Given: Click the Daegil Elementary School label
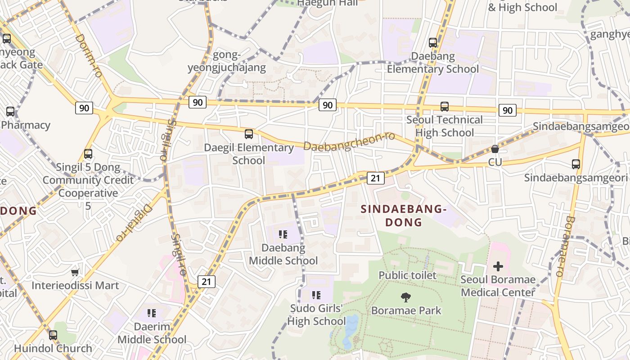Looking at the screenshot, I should click(x=249, y=154).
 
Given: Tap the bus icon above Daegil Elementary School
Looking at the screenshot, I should click(x=249, y=134).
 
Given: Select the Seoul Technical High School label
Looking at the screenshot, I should click(x=445, y=126).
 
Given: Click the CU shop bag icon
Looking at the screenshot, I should click(x=495, y=148).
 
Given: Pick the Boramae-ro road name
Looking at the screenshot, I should click(x=565, y=246).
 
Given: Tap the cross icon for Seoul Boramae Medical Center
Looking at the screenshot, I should click(x=498, y=266).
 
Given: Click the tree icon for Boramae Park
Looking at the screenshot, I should click(x=406, y=297).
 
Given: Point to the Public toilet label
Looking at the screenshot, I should click(x=407, y=275).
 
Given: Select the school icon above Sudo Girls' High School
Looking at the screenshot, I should click(x=316, y=295).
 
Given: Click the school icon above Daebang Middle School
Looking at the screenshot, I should click(x=283, y=234).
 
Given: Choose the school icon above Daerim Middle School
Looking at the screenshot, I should click(x=152, y=313).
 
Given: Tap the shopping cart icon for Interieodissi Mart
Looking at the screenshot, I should click(x=75, y=272).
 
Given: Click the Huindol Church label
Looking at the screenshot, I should click(x=53, y=348).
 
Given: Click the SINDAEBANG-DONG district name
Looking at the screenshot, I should click(x=403, y=215).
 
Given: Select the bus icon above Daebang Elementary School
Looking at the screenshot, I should click(x=433, y=43).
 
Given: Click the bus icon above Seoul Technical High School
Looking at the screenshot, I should click(x=445, y=107).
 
